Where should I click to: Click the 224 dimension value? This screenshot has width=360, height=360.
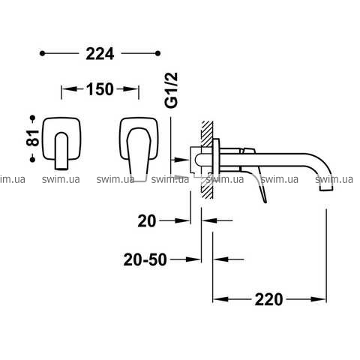point(100,54)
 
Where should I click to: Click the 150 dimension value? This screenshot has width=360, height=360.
point(100,89)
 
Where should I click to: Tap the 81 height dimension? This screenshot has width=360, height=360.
point(33,138)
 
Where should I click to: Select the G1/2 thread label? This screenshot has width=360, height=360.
point(172,90)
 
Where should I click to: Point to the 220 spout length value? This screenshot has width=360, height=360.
point(268,299)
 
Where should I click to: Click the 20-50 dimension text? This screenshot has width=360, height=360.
point(145,259)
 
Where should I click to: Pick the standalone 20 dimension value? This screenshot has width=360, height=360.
point(147,221)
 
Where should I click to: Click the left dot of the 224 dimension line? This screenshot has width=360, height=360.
point(42,53)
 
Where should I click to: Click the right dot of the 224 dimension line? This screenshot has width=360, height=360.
point(157,53)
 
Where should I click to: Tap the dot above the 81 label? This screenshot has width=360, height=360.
point(32,118)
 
